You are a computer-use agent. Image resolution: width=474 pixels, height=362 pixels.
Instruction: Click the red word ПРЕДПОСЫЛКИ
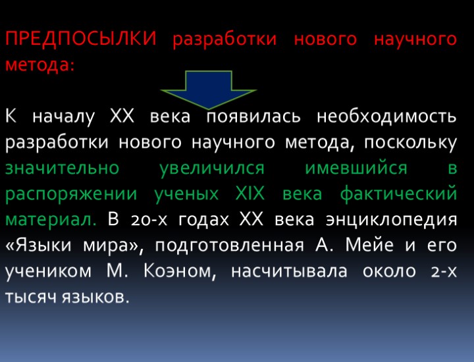coord(80,39)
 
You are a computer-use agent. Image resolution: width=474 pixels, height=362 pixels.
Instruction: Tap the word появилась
coord(254,116)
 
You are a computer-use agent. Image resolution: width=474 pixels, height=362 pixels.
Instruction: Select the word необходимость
coord(386,116)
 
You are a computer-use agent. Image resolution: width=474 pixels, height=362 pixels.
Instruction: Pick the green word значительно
coord(62,168)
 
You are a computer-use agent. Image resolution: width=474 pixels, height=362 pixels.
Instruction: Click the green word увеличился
coord(212,168)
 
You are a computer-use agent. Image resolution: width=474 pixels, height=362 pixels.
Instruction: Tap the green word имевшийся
coord(356,168)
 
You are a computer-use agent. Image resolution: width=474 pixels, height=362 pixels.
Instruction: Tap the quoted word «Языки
coord(43,246)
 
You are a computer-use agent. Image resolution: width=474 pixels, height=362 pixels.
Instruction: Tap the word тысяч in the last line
coord(32,297)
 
